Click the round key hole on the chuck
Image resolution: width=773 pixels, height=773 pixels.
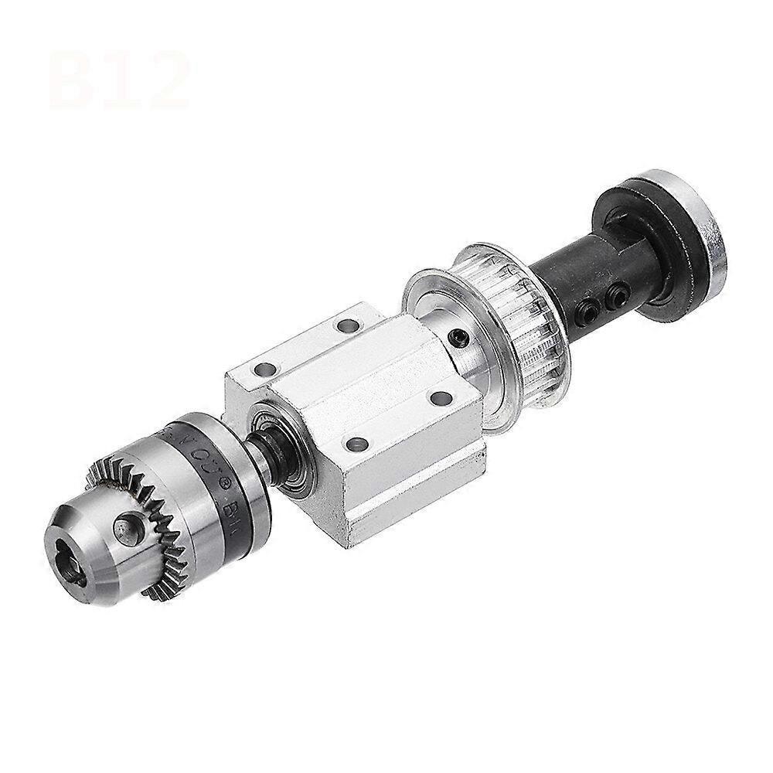124,528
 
